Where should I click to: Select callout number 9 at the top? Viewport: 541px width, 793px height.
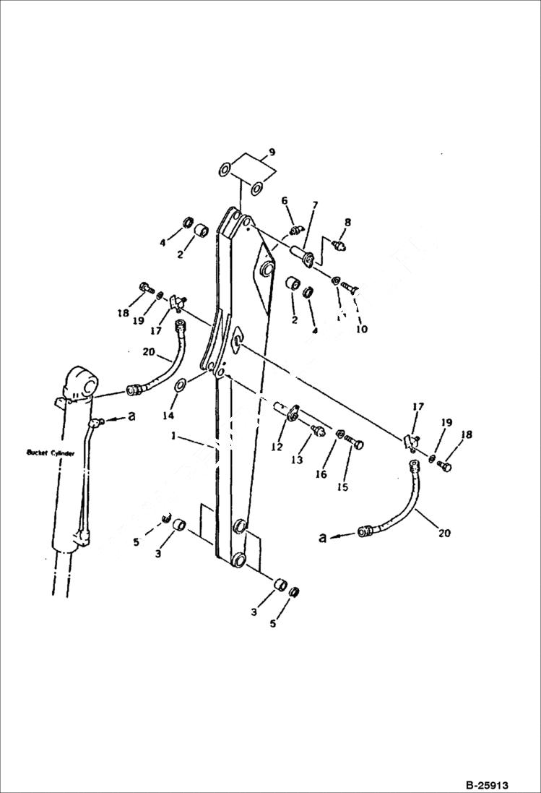[x=272, y=153]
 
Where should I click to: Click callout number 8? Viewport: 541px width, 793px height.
[x=347, y=223]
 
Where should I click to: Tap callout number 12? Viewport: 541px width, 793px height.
[x=277, y=447]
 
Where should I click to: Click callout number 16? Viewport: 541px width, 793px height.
[x=321, y=474]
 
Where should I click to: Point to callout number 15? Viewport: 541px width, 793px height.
[x=342, y=487]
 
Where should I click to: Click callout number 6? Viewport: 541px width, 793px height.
[x=285, y=200]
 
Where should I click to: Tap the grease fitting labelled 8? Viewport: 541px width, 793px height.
[x=338, y=246]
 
